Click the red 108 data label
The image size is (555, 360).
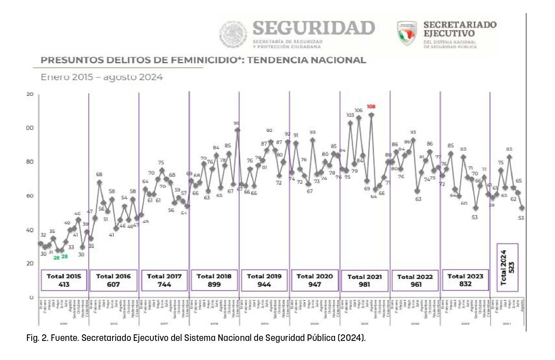(371, 106)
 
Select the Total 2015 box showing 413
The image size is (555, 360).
(64, 280)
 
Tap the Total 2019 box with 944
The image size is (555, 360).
(264, 280)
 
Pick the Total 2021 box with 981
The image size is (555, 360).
(365, 281)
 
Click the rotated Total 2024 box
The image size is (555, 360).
(507, 268)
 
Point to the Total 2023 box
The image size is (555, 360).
(465, 280)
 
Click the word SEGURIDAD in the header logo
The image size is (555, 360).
(314, 28)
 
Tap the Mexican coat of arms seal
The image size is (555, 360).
(233, 34)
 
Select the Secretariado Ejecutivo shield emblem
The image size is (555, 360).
(407, 33)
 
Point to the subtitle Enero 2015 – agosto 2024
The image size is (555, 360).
(102, 77)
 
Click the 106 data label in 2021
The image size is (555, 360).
(359, 110)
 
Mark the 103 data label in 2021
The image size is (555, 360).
(350, 115)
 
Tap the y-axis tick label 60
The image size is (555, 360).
(30, 196)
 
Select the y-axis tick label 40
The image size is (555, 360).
(30, 230)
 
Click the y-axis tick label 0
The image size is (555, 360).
(31, 297)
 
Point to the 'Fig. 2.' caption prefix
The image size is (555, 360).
(36, 338)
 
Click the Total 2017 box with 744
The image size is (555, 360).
(164, 280)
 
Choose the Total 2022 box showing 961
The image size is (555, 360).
(415, 280)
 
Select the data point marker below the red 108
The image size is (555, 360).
(371, 115)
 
